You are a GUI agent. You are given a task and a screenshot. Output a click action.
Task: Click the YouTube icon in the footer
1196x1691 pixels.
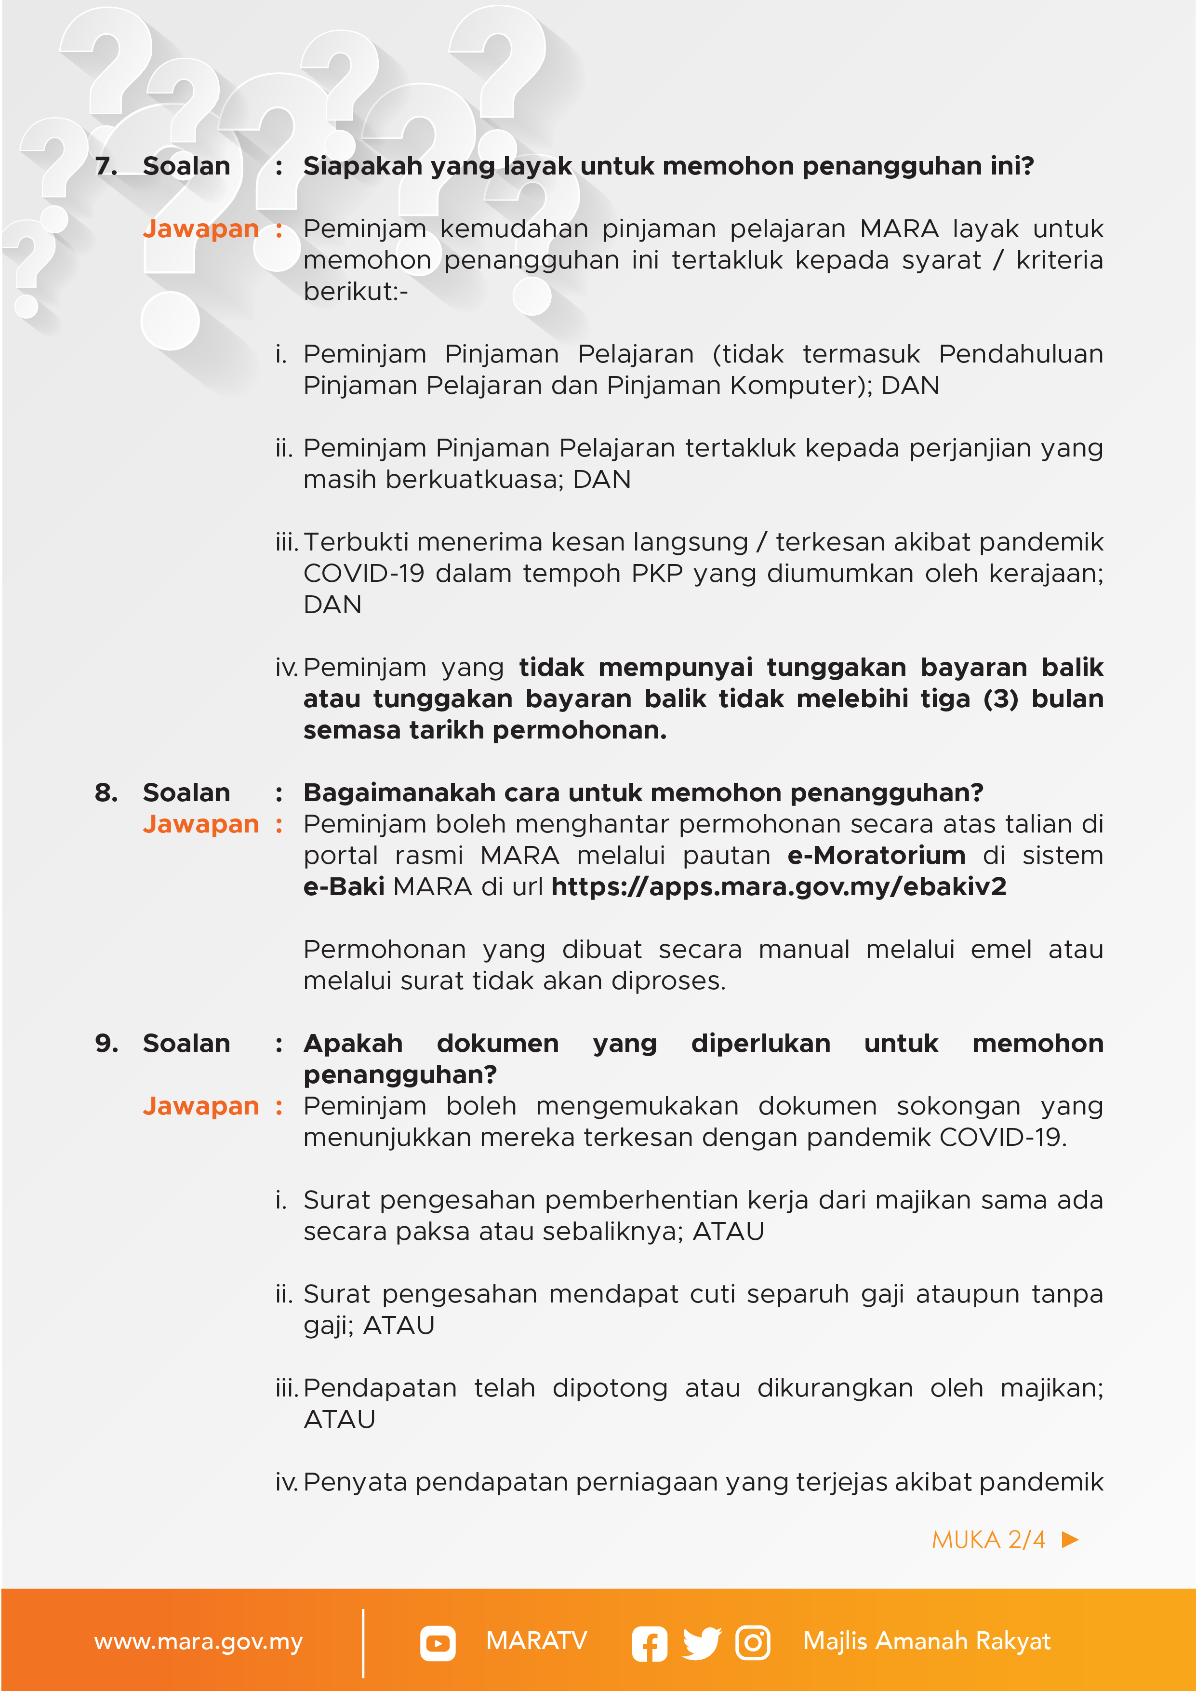(x=438, y=1643)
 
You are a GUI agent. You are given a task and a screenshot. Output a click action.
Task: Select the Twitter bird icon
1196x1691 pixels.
(x=701, y=1643)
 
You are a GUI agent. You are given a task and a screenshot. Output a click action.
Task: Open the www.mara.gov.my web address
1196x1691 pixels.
(x=198, y=1642)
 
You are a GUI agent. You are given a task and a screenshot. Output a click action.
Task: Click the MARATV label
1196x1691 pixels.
(x=536, y=1641)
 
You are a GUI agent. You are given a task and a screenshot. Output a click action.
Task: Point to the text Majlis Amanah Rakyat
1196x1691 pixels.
(x=927, y=1641)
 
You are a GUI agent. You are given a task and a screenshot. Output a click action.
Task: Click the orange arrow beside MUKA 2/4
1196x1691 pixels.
(x=1070, y=1539)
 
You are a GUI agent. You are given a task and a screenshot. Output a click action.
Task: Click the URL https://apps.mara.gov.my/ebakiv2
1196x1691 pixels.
(x=778, y=886)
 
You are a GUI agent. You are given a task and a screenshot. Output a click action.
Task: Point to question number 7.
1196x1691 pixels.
(x=106, y=166)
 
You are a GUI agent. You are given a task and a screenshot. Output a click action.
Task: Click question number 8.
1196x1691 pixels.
(x=106, y=792)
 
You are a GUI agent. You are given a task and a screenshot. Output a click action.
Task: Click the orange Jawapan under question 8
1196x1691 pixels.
(x=200, y=824)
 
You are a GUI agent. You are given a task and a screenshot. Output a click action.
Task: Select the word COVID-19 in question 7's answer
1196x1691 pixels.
(x=364, y=574)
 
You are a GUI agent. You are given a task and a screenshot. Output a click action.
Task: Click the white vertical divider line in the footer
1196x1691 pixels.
(x=363, y=1643)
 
